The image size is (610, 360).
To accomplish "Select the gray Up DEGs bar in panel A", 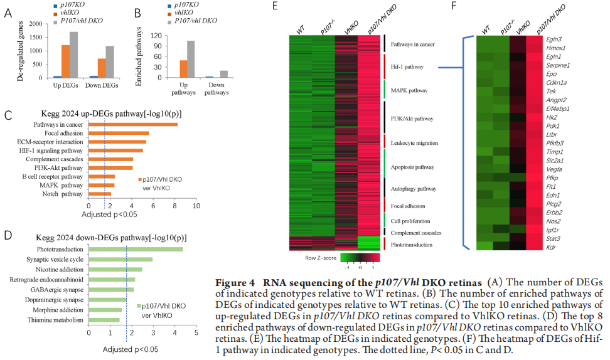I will pyautogui.click(x=74, y=55).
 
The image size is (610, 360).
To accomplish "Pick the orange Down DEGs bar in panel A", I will pyautogui.click(x=101, y=68).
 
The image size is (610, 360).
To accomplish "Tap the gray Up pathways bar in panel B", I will pyautogui.click(x=191, y=59).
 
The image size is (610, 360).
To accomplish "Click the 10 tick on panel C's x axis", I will pyautogui.click(x=196, y=205).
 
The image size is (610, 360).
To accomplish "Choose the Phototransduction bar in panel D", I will pyautogui.click(x=136, y=250).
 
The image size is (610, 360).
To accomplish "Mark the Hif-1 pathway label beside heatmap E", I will pyautogui.click(x=407, y=66).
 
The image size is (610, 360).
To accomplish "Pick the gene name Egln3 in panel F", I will pyautogui.click(x=555, y=39).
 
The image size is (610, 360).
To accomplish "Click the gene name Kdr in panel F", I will pyautogui.click(x=552, y=246).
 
